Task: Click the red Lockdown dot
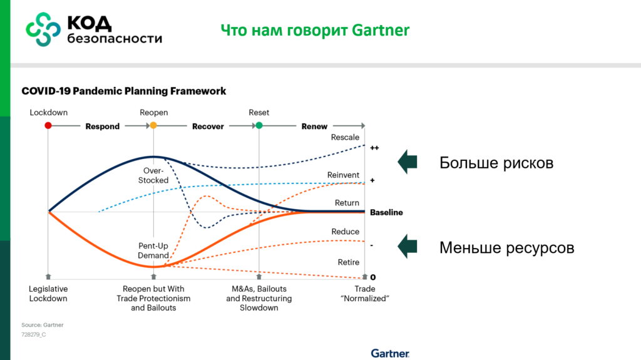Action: (x=48, y=126)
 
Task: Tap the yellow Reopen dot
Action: (x=153, y=126)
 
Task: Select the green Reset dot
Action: (x=259, y=126)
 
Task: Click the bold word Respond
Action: (x=103, y=126)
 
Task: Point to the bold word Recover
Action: (x=208, y=126)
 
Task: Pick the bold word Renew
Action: (x=314, y=126)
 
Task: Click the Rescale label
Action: (x=345, y=138)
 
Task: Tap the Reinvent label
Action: (x=343, y=175)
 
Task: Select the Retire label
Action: (x=348, y=262)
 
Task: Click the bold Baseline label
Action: (x=386, y=212)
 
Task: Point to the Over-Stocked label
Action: (x=153, y=175)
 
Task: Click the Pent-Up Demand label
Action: (x=153, y=250)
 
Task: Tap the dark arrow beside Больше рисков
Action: (x=408, y=162)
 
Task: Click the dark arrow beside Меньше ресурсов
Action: (x=408, y=247)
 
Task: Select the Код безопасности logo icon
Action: (x=43, y=29)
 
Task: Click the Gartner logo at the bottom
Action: (x=390, y=354)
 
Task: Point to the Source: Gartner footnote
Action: (x=43, y=325)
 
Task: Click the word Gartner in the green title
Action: (x=381, y=30)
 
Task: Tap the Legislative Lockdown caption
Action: (x=48, y=294)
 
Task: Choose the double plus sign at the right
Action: (x=374, y=148)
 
